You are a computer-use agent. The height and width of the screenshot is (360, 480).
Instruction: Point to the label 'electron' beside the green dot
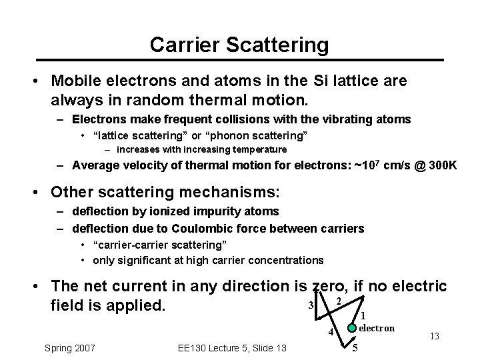click(x=377, y=328)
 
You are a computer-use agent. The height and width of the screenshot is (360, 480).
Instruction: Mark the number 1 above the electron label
click(x=363, y=315)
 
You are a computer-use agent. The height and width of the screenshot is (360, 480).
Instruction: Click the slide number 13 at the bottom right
click(x=434, y=337)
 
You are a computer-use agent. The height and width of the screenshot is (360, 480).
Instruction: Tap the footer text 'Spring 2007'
click(x=69, y=347)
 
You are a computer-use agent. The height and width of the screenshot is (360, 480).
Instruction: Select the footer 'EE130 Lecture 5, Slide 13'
click(x=233, y=347)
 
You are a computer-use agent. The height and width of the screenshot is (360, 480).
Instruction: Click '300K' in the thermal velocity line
click(x=440, y=165)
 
